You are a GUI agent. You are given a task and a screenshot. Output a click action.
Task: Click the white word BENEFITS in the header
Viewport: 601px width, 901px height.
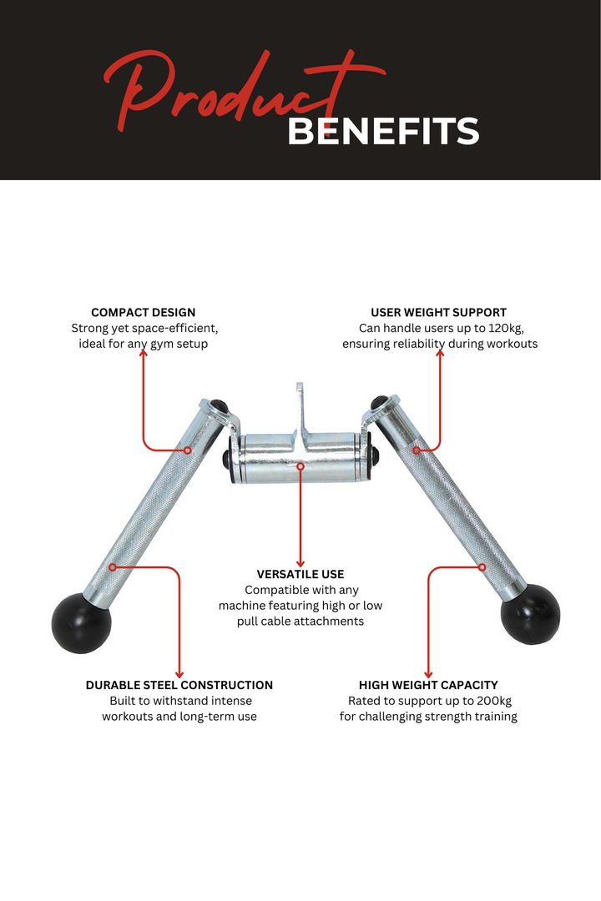[383, 132]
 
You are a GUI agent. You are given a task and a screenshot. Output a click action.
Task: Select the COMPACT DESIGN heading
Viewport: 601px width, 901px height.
[144, 313]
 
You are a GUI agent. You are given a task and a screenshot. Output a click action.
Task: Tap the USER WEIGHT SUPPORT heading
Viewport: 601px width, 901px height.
[439, 313]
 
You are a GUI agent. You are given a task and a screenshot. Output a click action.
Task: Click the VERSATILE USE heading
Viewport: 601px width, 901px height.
[300, 574]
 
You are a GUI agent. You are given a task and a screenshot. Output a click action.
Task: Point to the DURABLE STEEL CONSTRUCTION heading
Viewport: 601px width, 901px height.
[179, 685]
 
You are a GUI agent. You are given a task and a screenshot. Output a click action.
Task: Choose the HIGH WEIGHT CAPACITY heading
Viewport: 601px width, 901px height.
[428, 685]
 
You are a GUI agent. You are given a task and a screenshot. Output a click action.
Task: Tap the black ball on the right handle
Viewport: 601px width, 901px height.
[530, 614]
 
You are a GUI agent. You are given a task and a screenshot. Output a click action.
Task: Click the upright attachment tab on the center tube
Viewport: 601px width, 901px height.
[300, 410]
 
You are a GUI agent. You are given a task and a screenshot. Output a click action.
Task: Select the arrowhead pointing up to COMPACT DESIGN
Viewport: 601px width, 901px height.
[144, 354]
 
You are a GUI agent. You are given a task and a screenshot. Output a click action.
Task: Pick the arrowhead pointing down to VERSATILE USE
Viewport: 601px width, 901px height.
[300, 563]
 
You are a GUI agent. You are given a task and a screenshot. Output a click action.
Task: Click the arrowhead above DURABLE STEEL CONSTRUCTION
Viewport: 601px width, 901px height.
[179, 673]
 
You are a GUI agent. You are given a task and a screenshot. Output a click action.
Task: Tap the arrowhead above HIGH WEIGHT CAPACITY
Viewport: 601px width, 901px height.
[428, 673]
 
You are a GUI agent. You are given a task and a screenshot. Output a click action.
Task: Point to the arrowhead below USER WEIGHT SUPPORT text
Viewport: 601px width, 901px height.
[440, 354]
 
